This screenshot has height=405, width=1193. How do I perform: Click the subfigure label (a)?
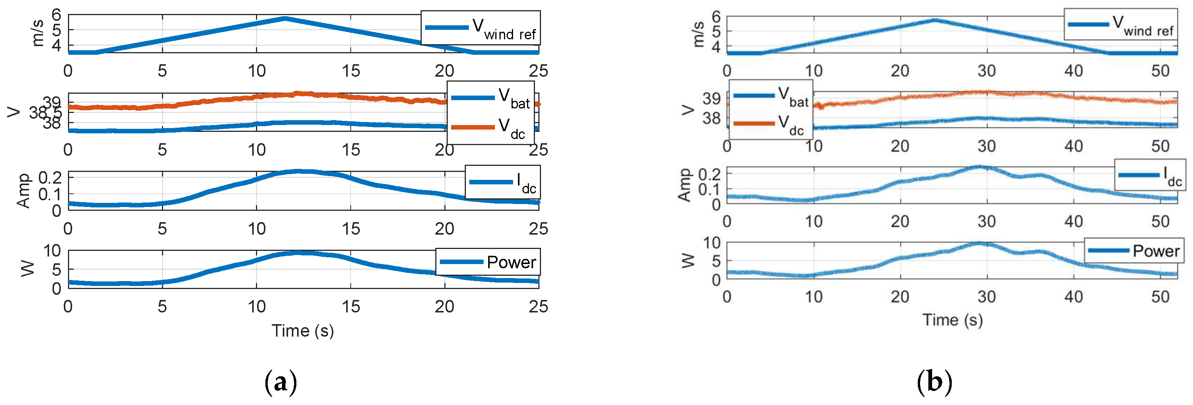280,382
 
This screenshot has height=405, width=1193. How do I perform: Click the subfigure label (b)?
934,382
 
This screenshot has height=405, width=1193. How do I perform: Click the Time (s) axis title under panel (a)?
302,331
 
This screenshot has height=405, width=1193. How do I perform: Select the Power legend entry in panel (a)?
488,262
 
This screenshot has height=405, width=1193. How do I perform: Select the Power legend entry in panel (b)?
1134,251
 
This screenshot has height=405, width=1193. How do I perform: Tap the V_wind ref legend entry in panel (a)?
480,28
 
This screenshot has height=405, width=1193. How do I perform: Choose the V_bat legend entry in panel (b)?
771,96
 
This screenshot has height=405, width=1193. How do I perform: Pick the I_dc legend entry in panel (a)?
503,182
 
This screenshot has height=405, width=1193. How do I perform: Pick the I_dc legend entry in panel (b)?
1150,175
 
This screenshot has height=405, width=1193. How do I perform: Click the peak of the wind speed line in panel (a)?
285,19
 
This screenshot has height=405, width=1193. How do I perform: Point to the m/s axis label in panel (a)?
38,33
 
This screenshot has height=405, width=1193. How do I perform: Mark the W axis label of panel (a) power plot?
28,268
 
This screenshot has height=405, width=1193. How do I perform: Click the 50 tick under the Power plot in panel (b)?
1160,297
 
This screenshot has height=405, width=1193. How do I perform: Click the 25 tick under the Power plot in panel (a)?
538,306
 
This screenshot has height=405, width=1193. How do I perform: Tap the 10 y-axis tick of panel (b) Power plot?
712,242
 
